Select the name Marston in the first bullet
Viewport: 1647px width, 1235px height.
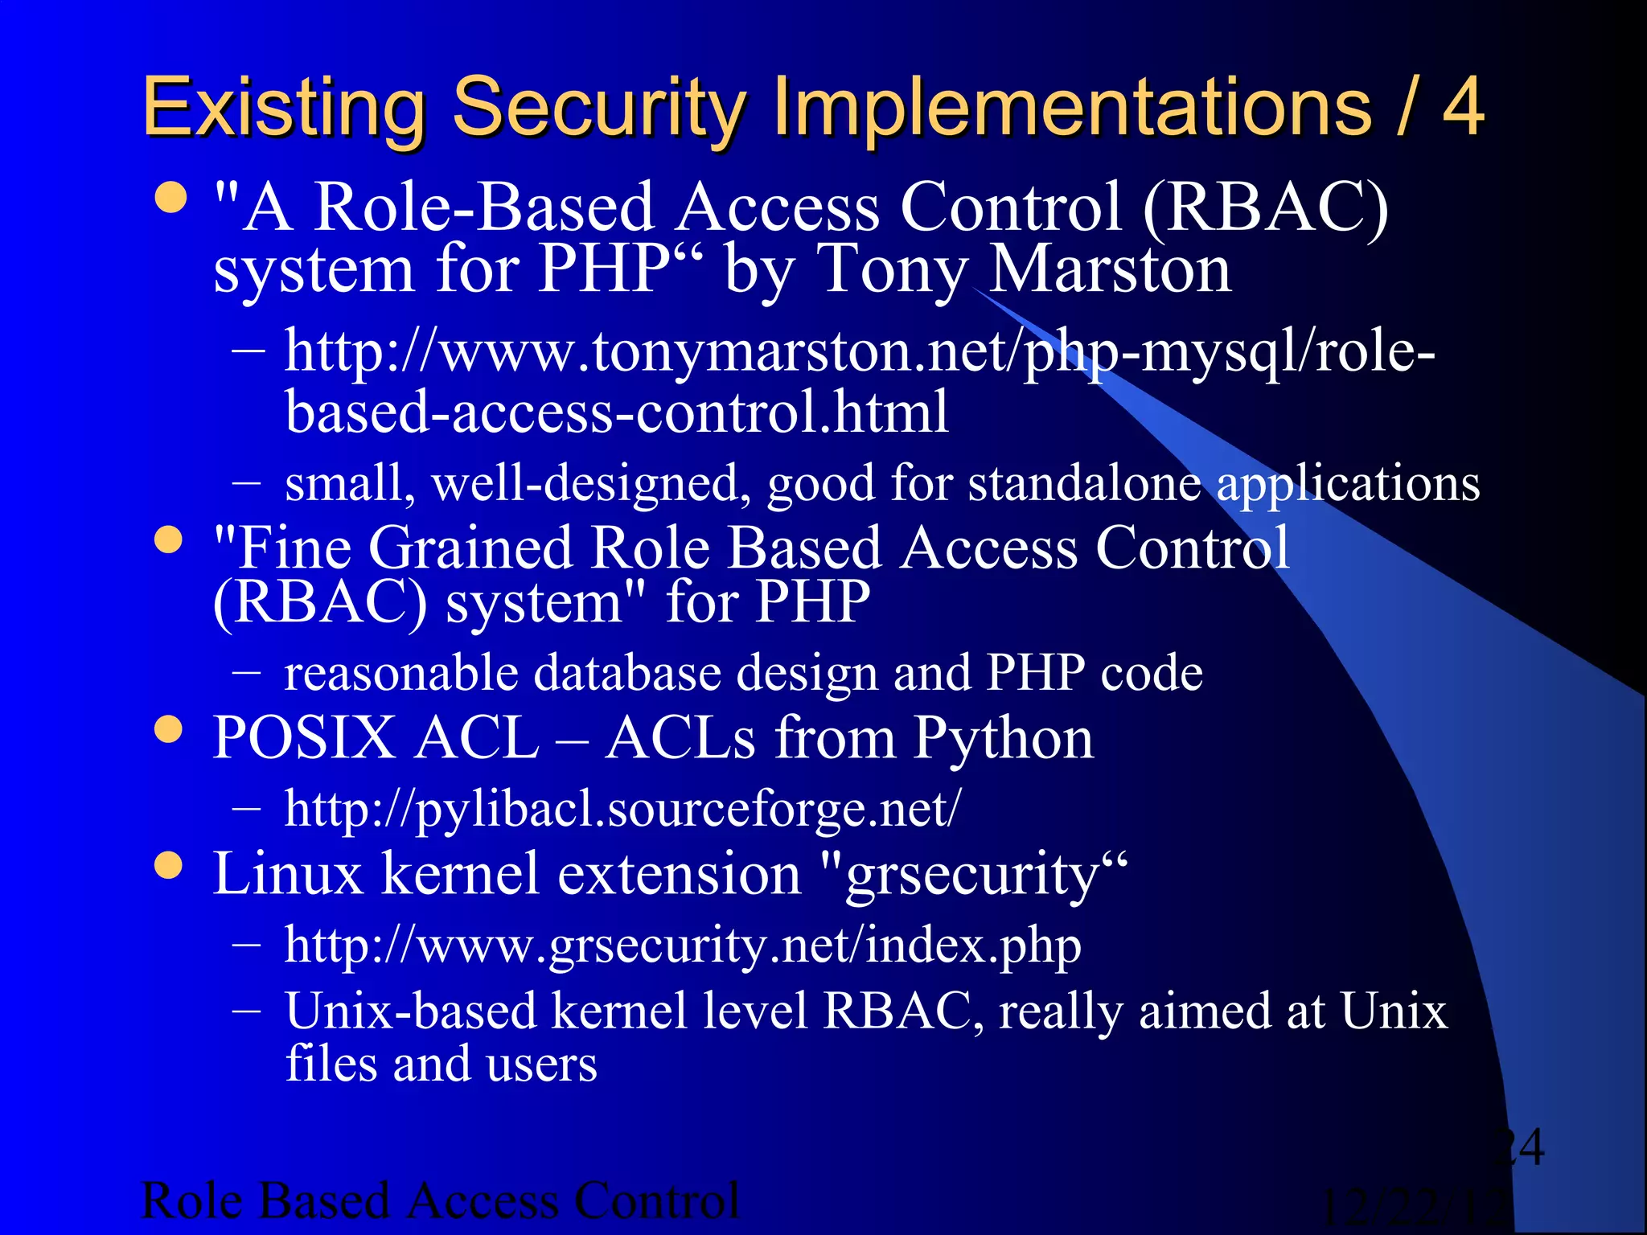pyautogui.click(x=1110, y=269)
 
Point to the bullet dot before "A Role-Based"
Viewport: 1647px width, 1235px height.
pyautogui.click(x=170, y=198)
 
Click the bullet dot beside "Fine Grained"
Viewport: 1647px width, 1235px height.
pyautogui.click(x=169, y=540)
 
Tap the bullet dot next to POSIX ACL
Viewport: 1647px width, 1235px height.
pyautogui.click(x=169, y=729)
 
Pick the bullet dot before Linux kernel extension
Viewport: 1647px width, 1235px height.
pyautogui.click(x=169, y=866)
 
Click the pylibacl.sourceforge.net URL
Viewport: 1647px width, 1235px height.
pyautogui.click(x=622, y=808)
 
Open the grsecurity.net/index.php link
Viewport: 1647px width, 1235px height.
pyautogui.click(x=683, y=945)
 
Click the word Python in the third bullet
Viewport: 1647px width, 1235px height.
pyautogui.click(x=1003, y=738)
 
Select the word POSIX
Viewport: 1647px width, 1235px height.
pyautogui.click(x=303, y=738)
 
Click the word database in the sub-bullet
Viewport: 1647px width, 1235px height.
pyautogui.click(x=627, y=672)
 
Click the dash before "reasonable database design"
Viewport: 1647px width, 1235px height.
pyautogui.click(x=246, y=671)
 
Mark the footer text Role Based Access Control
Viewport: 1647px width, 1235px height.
pyautogui.click(x=440, y=1201)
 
